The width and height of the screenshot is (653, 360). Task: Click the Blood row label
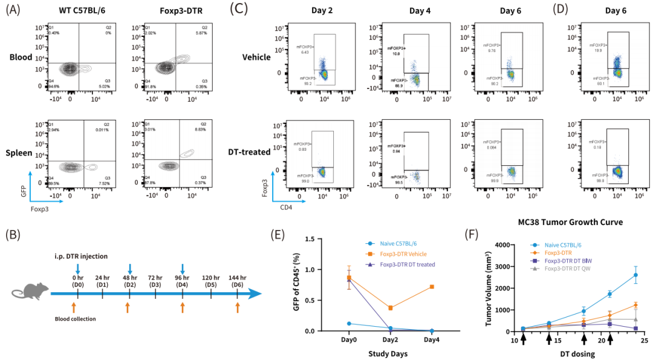19,57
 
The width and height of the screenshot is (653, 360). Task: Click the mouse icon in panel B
29,293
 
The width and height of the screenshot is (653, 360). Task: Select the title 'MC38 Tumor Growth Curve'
570,223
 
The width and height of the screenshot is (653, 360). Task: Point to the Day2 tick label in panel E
390,340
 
